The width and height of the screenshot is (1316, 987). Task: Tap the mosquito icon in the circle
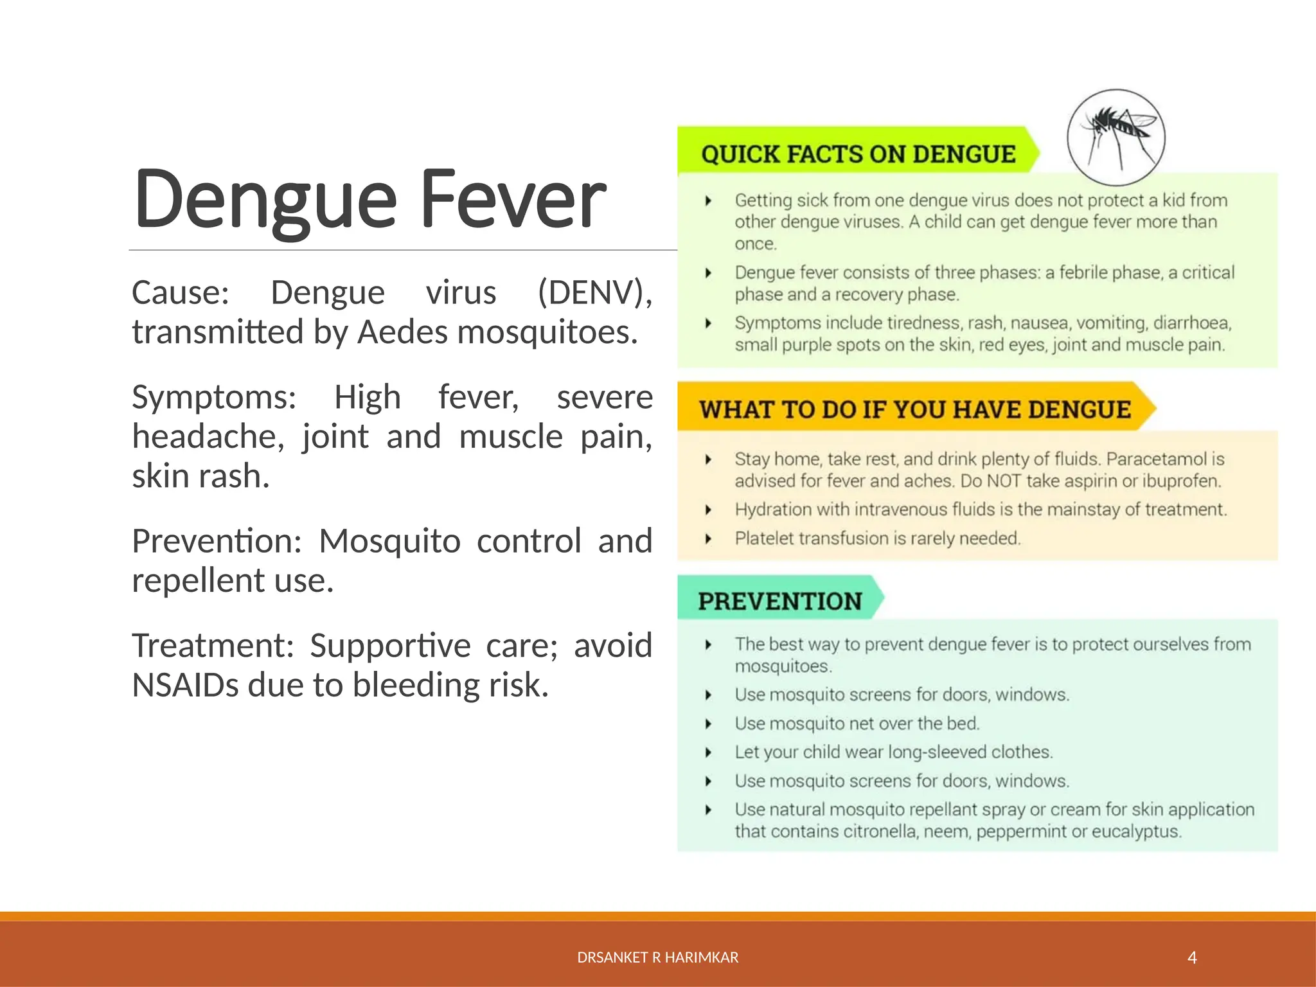[x=1116, y=138]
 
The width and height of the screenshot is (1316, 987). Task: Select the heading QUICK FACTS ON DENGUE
[x=858, y=154]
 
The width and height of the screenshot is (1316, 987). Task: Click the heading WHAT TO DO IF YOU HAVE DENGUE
[x=914, y=409]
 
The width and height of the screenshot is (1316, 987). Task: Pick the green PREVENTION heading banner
[x=780, y=601]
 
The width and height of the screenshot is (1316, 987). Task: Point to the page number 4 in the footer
[x=1192, y=958]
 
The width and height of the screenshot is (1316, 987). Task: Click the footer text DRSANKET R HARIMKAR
[x=657, y=958]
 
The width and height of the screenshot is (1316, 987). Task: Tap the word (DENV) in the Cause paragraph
[x=594, y=293]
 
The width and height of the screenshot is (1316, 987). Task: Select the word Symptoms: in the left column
[x=214, y=397]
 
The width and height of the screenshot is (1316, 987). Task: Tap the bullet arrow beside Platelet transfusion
[x=708, y=538]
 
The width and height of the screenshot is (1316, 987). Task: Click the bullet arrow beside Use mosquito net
[x=708, y=724]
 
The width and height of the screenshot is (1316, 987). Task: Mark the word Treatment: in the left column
[x=213, y=646]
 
